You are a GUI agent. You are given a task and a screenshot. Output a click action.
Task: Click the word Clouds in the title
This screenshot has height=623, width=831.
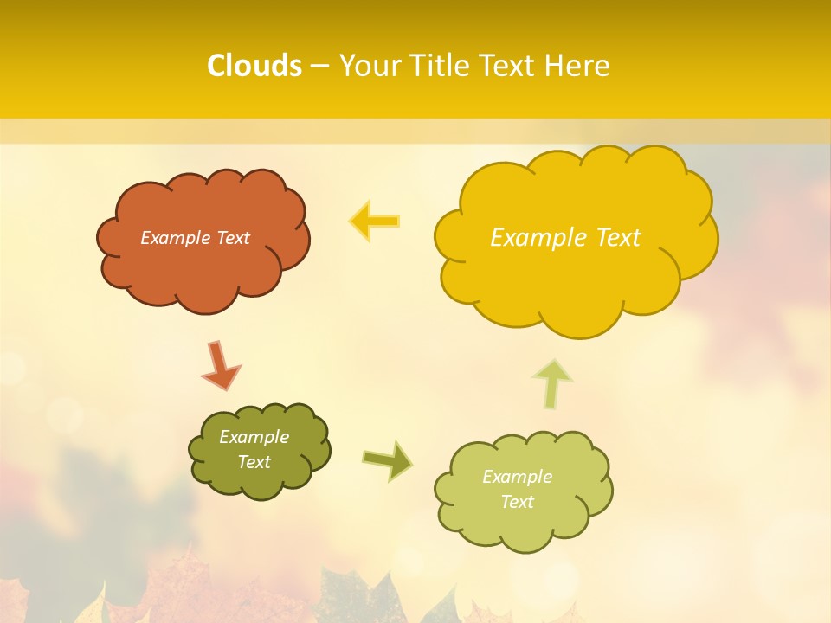pos(254,66)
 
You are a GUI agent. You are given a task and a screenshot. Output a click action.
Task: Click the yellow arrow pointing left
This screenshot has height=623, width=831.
pos(374,222)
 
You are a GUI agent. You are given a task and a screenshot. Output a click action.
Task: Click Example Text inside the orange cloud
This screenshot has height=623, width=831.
pos(195,238)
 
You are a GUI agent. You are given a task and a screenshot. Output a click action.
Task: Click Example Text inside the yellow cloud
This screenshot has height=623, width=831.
pos(565,238)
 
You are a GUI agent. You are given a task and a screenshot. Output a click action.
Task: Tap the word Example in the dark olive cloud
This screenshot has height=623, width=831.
pos(254,437)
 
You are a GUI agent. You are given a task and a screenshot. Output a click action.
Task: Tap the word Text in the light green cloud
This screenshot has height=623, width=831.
pos(517,502)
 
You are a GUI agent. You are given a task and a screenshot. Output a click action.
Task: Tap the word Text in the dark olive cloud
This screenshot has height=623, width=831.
pos(254,462)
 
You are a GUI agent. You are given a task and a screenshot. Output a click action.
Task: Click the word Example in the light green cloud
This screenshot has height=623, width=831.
pos(517,477)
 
